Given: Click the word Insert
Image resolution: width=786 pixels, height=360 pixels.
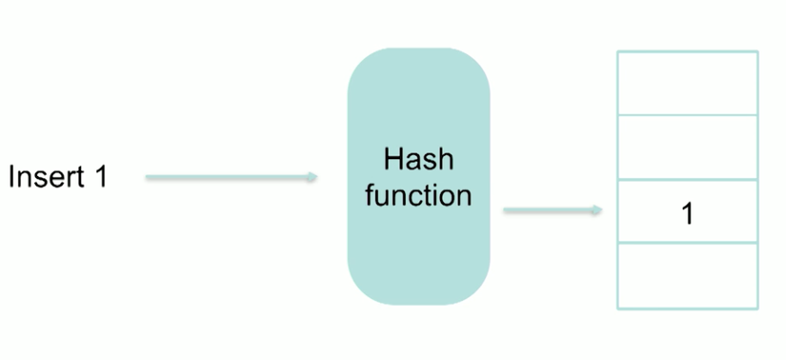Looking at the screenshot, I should click(x=45, y=177).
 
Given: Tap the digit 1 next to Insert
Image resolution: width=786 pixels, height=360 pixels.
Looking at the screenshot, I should click(x=100, y=177).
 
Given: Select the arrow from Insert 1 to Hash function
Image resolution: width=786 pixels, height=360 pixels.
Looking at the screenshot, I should click(x=229, y=177).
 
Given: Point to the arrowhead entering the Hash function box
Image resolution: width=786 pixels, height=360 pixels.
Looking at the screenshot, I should click(x=312, y=177).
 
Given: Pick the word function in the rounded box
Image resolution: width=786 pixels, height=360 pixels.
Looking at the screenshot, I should click(x=418, y=196).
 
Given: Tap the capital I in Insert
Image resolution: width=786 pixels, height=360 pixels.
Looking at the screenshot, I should click(x=11, y=177).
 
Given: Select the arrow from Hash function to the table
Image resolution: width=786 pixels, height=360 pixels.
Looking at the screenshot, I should click(x=551, y=210).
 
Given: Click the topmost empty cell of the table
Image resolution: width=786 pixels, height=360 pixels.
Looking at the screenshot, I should click(x=687, y=83).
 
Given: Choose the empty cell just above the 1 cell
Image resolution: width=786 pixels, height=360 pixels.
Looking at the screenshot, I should click(x=687, y=147).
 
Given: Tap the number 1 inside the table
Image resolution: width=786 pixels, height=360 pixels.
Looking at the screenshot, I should click(x=687, y=213).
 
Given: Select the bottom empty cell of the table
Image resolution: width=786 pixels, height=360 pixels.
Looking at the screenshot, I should click(x=687, y=275).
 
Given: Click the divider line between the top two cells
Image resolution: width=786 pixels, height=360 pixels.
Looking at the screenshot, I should click(x=687, y=114).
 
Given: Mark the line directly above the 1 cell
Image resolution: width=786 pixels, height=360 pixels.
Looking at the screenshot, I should click(x=687, y=179).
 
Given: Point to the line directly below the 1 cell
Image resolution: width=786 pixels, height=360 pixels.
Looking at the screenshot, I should click(x=687, y=243).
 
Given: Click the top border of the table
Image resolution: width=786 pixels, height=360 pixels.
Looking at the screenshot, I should click(x=687, y=51).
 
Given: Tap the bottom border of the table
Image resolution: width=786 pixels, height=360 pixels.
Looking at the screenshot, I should click(x=687, y=308).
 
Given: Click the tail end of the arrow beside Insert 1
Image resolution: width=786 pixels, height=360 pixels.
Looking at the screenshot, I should click(x=149, y=177).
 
